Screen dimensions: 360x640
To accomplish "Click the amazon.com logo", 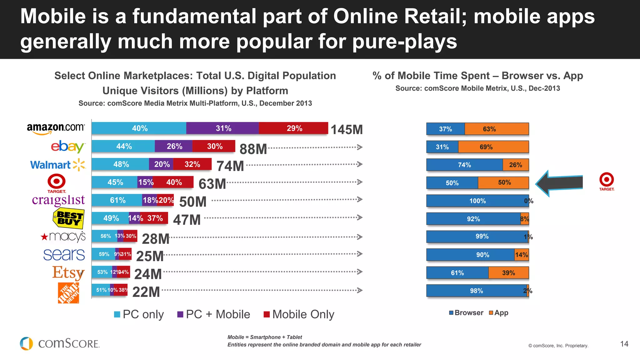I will (x=56, y=128).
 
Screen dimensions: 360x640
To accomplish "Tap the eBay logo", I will (x=67, y=147).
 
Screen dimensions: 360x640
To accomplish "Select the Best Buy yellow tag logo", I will (x=68, y=218).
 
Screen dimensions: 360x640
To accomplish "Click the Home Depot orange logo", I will (x=68, y=293).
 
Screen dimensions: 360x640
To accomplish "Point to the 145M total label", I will (x=347, y=130).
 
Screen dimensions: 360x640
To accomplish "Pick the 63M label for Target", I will (x=212, y=184).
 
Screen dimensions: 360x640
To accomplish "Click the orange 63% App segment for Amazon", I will (x=496, y=129).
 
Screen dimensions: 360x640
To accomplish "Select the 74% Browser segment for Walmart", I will (x=464, y=165).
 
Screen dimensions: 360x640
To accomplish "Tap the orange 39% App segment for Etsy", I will (x=508, y=273).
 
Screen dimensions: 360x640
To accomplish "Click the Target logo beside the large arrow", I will (x=606, y=182).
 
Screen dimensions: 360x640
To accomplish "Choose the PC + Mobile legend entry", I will (x=214, y=314).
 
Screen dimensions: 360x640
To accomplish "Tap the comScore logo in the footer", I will (x=60, y=343).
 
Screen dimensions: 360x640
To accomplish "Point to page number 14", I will (x=624, y=344).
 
